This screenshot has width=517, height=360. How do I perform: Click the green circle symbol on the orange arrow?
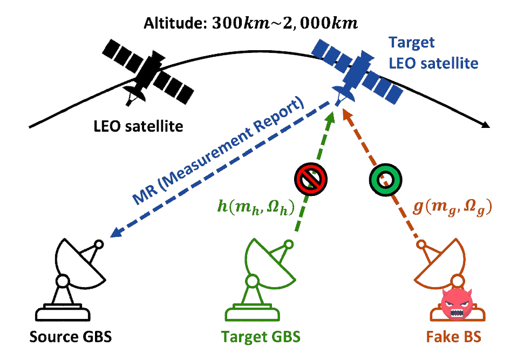[384, 178]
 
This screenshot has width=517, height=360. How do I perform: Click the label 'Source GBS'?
[70, 337]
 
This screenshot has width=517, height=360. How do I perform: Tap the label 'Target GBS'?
[261, 337]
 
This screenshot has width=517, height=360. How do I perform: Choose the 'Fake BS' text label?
[452, 337]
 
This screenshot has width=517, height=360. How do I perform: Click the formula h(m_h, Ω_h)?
[255, 208]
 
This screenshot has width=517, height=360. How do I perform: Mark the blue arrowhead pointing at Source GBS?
[114, 235]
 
